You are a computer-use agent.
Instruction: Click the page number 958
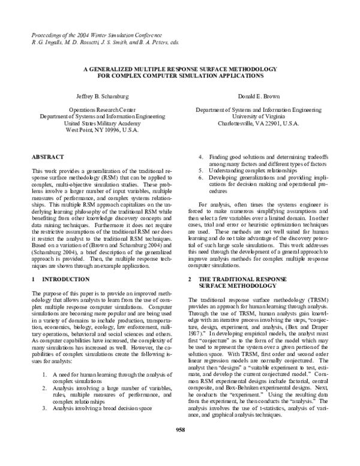point(179,446)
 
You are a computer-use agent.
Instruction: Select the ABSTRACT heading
point(47,157)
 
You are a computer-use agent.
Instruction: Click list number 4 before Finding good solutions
point(201,157)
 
